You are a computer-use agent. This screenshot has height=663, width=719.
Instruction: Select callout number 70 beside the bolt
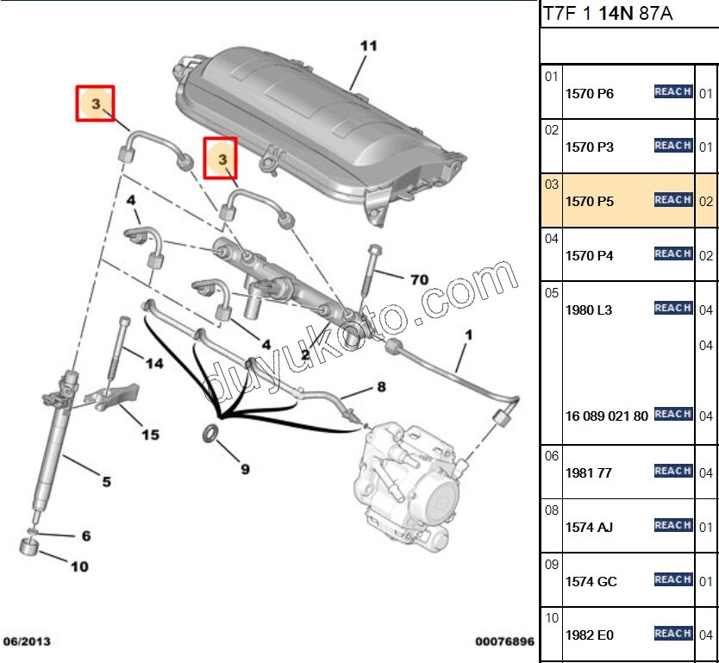pos(419,279)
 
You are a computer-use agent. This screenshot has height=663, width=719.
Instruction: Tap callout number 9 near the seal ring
pos(245,470)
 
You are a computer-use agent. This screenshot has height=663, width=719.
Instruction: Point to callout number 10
pos(79,567)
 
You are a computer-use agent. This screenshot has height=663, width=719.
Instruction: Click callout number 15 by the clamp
pos(149,435)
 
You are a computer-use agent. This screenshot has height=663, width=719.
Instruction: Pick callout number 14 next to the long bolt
pos(153,364)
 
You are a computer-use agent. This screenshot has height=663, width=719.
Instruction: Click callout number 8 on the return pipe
pos(380,387)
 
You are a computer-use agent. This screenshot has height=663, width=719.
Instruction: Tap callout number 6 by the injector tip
pos(85,536)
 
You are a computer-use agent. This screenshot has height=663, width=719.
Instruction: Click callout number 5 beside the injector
pos(106,482)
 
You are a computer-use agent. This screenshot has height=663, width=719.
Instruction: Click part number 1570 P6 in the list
pos(590,93)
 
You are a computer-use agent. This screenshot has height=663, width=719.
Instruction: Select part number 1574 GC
pos(591,582)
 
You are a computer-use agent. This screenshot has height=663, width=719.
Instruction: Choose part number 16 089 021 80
pos(606,416)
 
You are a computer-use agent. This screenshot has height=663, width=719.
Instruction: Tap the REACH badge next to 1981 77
pos(672,471)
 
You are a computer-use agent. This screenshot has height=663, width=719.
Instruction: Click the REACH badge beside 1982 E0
pos(672,634)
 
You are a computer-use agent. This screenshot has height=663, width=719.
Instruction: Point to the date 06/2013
pos(27,642)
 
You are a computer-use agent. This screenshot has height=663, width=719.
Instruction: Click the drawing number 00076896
pos(504,642)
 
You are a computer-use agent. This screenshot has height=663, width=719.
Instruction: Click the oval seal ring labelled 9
pos(210,432)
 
